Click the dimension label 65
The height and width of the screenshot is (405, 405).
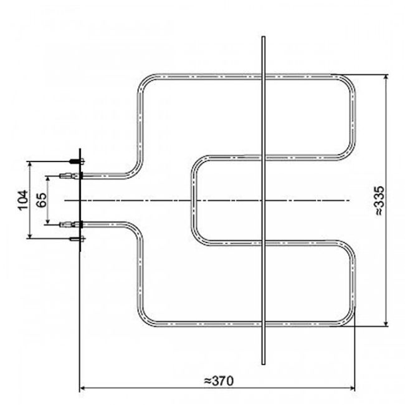point(42,200)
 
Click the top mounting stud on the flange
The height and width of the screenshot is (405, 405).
point(75,162)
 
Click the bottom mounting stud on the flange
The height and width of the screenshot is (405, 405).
point(75,237)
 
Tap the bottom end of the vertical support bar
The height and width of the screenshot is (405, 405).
point(264,364)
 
